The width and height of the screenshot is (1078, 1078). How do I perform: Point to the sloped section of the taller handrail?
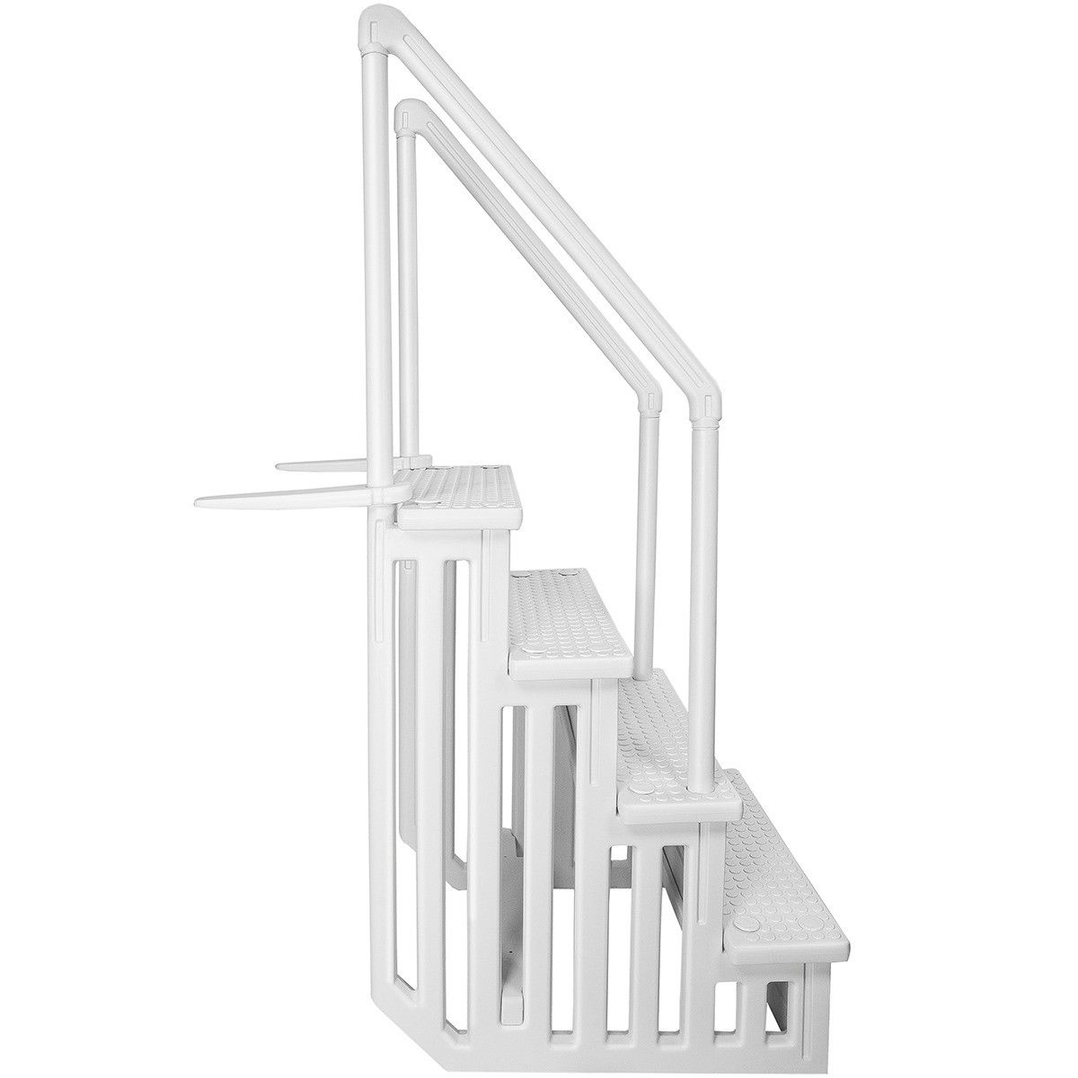539,207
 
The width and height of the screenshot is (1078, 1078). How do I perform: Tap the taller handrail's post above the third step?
701,584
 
